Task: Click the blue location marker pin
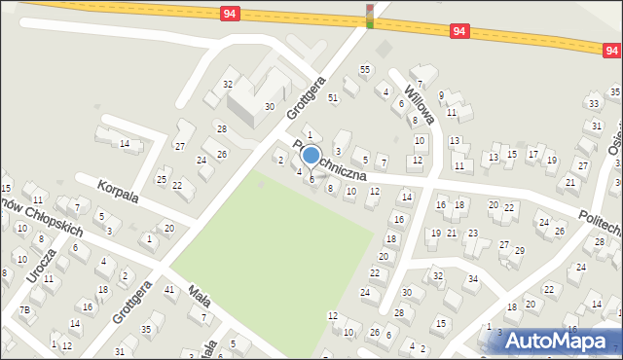click(x=311, y=156)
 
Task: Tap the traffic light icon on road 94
click(x=370, y=15)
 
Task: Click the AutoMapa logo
click(x=557, y=341)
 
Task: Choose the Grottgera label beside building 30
click(x=302, y=99)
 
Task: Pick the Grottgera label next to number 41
click(x=131, y=304)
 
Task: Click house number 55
click(x=365, y=69)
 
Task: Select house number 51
click(x=333, y=97)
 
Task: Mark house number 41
click(x=169, y=289)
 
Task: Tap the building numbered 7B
click(x=26, y=309)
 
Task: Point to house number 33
click(x=593, y=103)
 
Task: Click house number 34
click(x=472, y=279)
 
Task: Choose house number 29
click(x=519, y=251)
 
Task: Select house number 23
click(x=472, y=234)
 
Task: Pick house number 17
click(x=532, y=154)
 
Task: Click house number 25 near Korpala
click(x=162, y=178)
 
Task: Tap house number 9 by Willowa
click(x=441, y=95)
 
